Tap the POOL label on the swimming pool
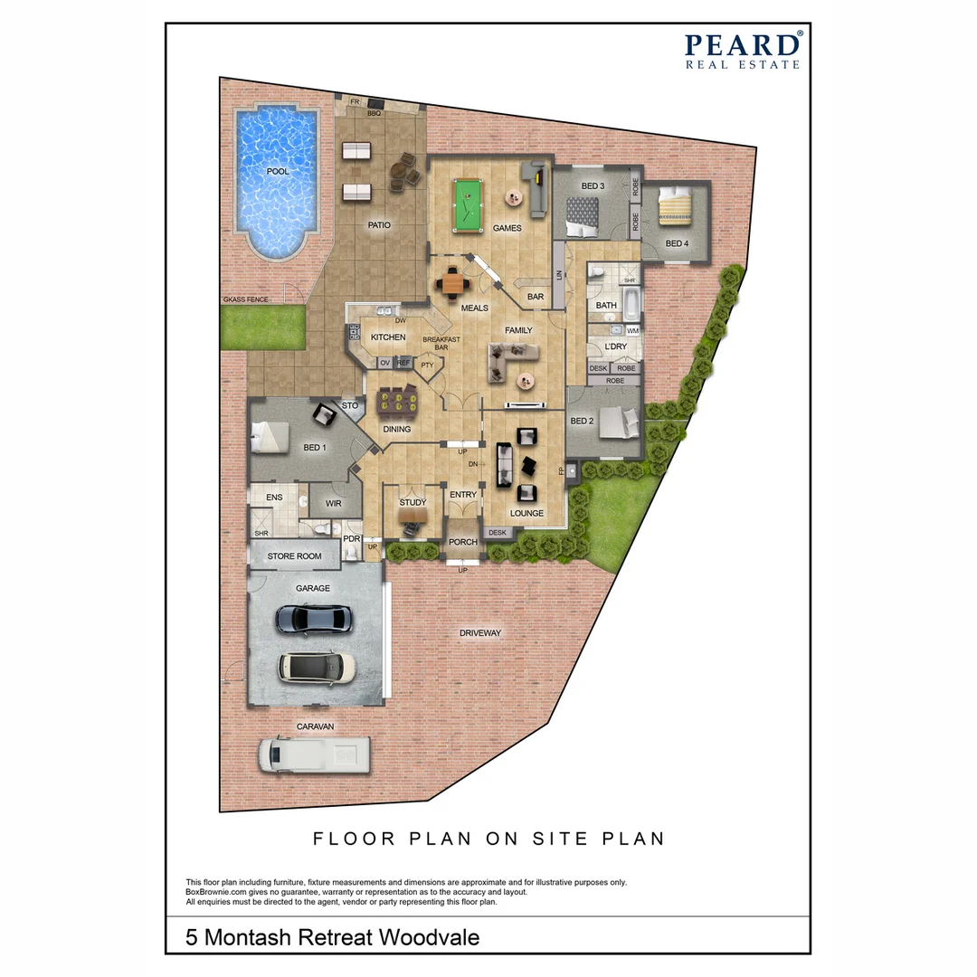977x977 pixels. [x=278, y=171]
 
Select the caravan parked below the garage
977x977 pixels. [x=314, y=754]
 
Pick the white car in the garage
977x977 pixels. [x=316, y=667]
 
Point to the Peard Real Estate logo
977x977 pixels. [x=742, y=51]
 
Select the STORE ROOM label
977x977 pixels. [x=294, y=556]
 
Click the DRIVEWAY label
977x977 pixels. [x=479, y=633]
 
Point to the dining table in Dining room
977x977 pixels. [x=399, y=399]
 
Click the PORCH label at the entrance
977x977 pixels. [x=463, y=543]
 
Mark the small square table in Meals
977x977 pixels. [x=452, y=285]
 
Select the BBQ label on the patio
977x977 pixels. [x=374, y=114]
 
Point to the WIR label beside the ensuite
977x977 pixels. [x=333, y=503]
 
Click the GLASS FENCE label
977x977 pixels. [x=245, y=299]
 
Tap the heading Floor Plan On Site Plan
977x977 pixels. [x=488, y=839]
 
